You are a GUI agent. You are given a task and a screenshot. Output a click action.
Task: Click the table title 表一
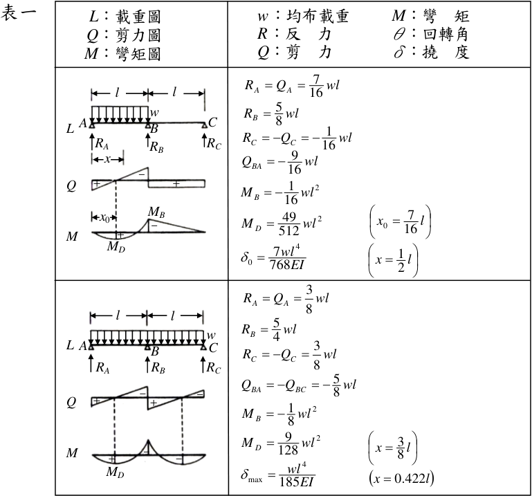(x=18, y=14)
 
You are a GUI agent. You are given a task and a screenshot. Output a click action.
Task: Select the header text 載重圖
(x=138, y=17)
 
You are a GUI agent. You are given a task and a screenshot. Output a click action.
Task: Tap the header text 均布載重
(x=318, y=16)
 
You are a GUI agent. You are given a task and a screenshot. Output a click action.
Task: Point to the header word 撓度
(x=446, y=52)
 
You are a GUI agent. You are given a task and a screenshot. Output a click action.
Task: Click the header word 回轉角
(x=446, y=34)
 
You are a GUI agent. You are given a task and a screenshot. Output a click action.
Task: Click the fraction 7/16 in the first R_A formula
(x=316, y=86)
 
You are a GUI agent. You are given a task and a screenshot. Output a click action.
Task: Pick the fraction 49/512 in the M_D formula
(x=288, y=223)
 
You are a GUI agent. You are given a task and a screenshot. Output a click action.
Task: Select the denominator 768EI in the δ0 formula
(x=287, y=265)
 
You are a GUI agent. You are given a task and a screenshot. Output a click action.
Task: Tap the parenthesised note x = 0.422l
(x=401, y=478)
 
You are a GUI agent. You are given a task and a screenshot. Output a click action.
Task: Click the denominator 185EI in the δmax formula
(x=297, y=481)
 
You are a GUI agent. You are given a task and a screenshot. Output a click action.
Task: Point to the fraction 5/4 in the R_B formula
(x=277, y=329)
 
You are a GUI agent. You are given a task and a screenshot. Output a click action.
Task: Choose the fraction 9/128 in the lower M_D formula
(x=288, y=443)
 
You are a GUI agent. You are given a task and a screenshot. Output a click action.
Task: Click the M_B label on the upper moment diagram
(x=156, y=212)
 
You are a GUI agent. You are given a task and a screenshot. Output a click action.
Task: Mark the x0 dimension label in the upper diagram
(x=104, y=217)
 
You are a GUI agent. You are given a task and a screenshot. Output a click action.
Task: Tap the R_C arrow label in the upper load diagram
(x=214, y=143)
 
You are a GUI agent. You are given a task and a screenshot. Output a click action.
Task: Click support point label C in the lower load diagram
(x=213, y=348)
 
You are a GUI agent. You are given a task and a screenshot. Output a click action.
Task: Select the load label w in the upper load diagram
(x=154, y=112)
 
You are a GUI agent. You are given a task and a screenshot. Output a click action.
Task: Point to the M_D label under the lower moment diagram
(x=115, y=472)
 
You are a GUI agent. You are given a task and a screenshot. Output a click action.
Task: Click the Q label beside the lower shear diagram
(x=71, y=402)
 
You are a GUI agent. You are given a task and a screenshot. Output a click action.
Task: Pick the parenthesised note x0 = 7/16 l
(x=401, y=222)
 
